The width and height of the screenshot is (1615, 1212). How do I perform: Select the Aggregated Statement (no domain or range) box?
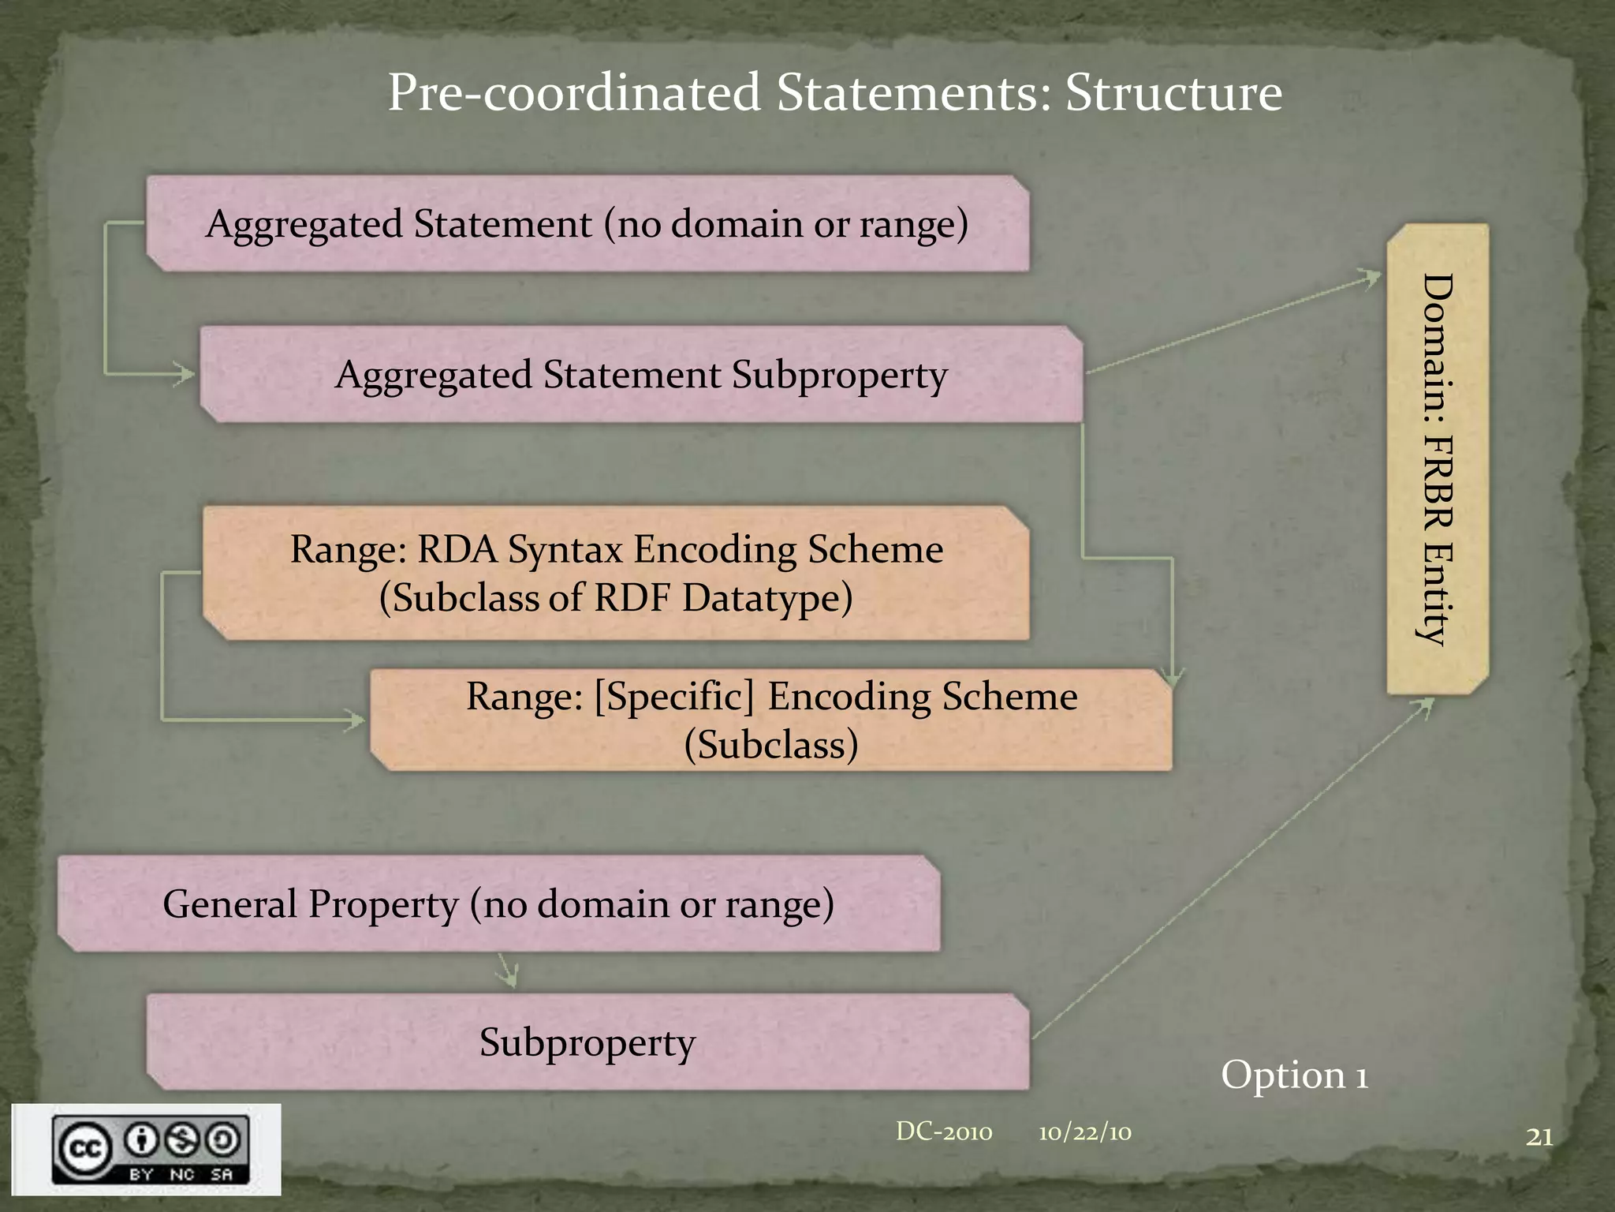(587, 224)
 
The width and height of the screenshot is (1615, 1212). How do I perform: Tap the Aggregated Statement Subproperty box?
(640, 375)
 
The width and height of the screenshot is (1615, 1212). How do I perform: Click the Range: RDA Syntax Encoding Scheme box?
(616, 573)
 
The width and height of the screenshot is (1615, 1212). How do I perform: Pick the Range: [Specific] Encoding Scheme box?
(771, 720)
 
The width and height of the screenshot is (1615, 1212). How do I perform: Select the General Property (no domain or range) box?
(498, 903)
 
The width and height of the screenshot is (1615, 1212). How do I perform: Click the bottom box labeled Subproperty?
(587, 1042)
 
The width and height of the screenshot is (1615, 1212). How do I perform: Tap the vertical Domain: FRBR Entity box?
(1438, 459)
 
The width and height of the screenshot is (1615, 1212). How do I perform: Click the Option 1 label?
(1294, 1075)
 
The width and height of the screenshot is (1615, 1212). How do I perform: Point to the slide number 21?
(1539, 1137)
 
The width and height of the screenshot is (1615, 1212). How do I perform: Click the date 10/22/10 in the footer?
(1084, 1133)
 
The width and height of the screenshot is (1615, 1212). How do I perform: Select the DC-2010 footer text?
(944, 1132)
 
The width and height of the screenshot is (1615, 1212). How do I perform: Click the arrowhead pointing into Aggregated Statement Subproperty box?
(185, 373)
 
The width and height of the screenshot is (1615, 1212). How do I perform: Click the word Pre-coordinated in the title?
(573, 93)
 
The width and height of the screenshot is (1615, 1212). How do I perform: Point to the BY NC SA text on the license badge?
(181, 1174)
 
